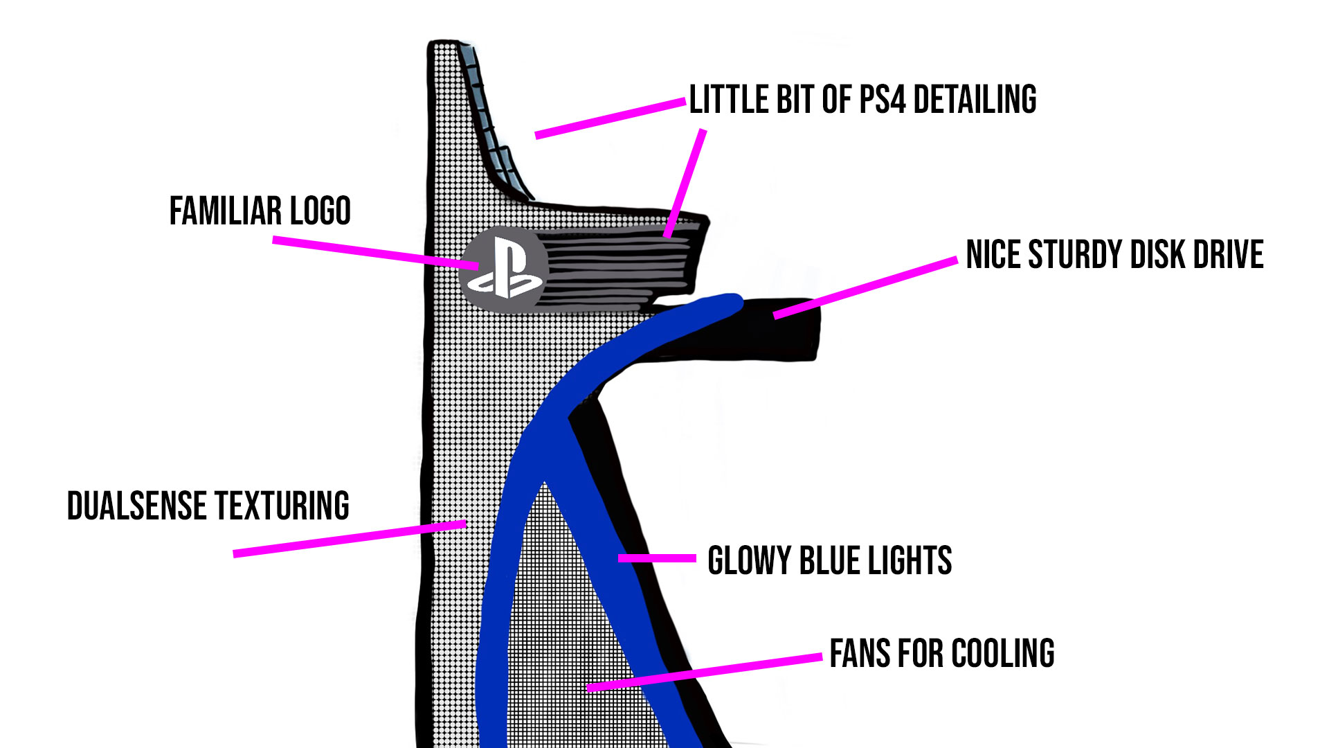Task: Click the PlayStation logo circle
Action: click(503, 269)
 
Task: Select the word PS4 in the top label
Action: click(882, 100)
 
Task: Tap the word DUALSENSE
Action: click(138, 506)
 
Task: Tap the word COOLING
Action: click(1003, 654)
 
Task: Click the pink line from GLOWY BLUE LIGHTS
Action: click(657, 558)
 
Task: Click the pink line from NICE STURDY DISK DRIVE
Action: click(865, 287)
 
